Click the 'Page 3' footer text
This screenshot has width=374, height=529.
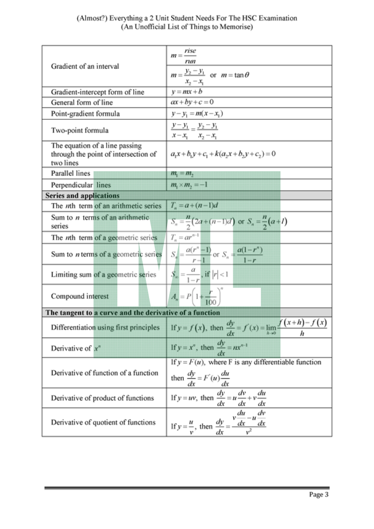tap(319, 494)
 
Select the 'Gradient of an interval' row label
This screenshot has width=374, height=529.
tap(85, 66)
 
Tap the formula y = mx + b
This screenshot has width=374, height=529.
tap(187, 91)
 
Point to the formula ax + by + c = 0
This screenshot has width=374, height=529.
tap(192, 102)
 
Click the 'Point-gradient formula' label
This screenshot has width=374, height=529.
tap(85, 114)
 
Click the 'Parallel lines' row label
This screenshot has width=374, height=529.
tap(71, 173)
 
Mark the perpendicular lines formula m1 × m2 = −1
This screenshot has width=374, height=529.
tap(189, 185)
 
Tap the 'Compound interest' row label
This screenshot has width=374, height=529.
tap(79, 296)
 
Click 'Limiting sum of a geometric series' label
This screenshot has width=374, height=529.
tap(103, 275)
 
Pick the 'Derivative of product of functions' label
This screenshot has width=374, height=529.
tap(102, 398)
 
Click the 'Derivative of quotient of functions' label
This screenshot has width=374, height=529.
tap(103, 422)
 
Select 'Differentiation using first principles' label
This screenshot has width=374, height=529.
tap(105, 327)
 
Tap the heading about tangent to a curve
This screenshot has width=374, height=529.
tap(132, 312)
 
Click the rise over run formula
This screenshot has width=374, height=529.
tap(184, 56)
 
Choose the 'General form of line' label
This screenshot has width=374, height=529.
tap(82, 102)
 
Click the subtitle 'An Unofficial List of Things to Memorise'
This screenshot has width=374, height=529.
tap(187, 27)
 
